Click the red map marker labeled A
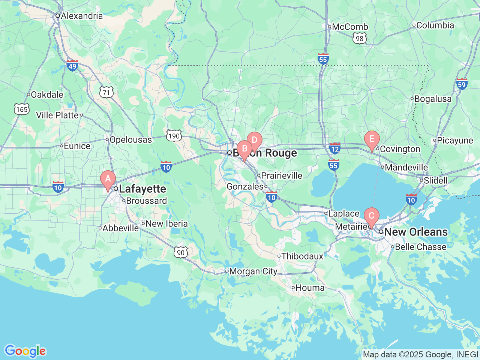click(x=108, y=179)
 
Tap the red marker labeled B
click(x=244, y=149)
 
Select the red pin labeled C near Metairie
click(x=372, y=216)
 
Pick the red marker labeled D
click(x=254, y=141)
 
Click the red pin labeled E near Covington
click(x=372, y=139)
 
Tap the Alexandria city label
click(x=81, y=16)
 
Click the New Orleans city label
click(x=415, y=232)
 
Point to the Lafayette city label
click(x=142, y=189)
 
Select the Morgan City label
click(x=253, y=271)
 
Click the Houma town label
click(x=310, y=288)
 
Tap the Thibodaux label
click(x=302, y=256)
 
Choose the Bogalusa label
click(x=433, y=99)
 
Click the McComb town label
click(x=350, y=27)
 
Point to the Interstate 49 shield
click(x=72, y=65)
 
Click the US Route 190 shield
click(x=174, y=136)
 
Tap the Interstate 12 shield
click(x=335, y=148)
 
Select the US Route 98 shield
click(x=360, y=38)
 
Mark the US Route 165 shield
click(x=22, y=109)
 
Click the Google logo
click(x=25, y=351)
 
